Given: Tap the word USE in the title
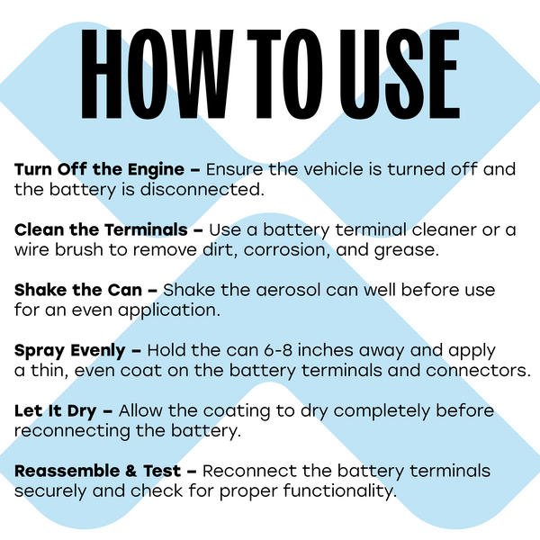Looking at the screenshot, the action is pos(400,74).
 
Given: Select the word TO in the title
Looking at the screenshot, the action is pos(285,74).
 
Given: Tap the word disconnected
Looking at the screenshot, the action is pos(202,189).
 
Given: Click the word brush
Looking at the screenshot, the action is pos(79,249).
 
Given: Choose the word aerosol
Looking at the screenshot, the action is pos(288,290).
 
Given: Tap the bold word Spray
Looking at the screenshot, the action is pos(40,352).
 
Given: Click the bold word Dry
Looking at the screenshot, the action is pos(82,412).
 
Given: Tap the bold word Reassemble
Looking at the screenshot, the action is pos(67,471).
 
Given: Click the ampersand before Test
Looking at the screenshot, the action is pos(131,471).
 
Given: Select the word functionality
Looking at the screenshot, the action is pos(340,491).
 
